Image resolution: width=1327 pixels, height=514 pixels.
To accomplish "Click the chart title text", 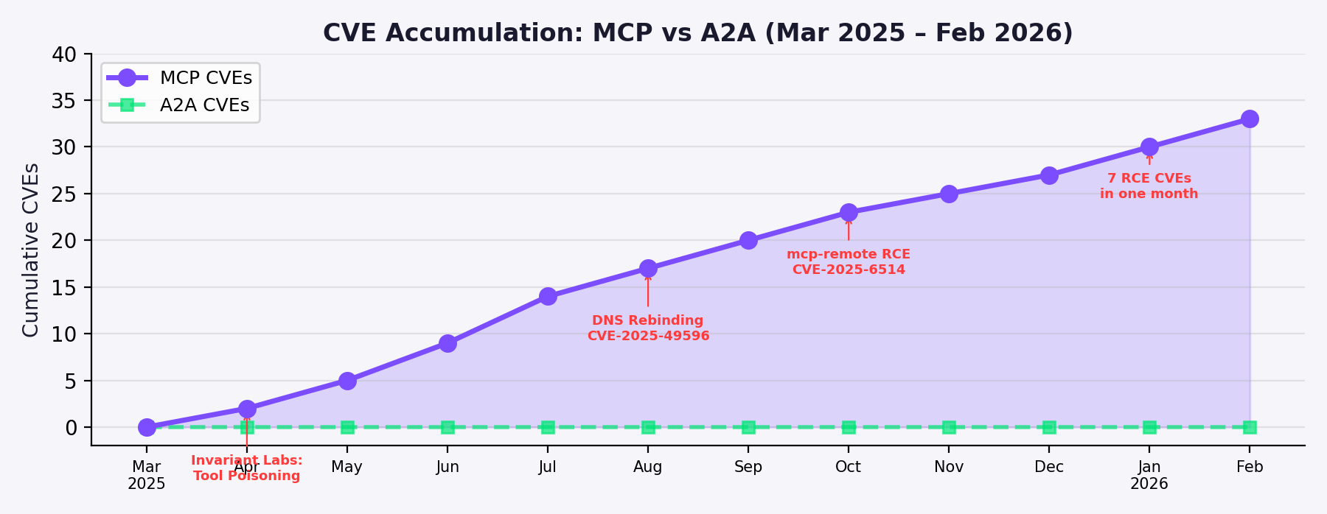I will coord(697,33).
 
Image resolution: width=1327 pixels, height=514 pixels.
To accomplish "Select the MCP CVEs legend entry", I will coord(180,78).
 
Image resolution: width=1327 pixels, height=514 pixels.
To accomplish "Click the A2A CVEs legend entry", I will coord(180,105).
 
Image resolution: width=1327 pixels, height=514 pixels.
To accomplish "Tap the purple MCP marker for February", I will coord(1249,119).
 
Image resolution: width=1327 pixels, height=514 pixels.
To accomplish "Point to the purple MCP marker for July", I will coord(547,296).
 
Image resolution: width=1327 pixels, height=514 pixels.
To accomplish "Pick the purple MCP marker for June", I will coord(447,343).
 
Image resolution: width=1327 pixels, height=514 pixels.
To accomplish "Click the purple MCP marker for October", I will coord(849,212).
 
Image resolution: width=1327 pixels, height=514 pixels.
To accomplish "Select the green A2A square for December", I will coord(1049,427).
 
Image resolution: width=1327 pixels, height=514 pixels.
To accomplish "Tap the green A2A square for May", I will coord(347,427).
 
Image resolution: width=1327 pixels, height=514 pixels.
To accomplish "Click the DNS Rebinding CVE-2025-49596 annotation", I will coord(648,328).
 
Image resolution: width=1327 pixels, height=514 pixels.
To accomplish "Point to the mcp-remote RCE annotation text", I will coord(849,262).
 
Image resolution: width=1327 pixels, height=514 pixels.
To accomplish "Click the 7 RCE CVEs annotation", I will coord(1149,186).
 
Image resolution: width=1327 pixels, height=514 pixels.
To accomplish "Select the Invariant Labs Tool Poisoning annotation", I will coord(246,468).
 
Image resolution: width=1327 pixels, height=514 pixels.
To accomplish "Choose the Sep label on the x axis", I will coord(748,467).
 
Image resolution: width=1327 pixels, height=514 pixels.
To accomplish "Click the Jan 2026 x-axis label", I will coord(1149,475).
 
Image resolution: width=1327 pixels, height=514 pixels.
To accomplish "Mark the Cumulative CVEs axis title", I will coord(30,250).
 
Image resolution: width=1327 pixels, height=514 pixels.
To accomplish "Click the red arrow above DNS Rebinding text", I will coord(648,291).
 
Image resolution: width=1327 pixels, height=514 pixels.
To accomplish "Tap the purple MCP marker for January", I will coord(1149,147).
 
